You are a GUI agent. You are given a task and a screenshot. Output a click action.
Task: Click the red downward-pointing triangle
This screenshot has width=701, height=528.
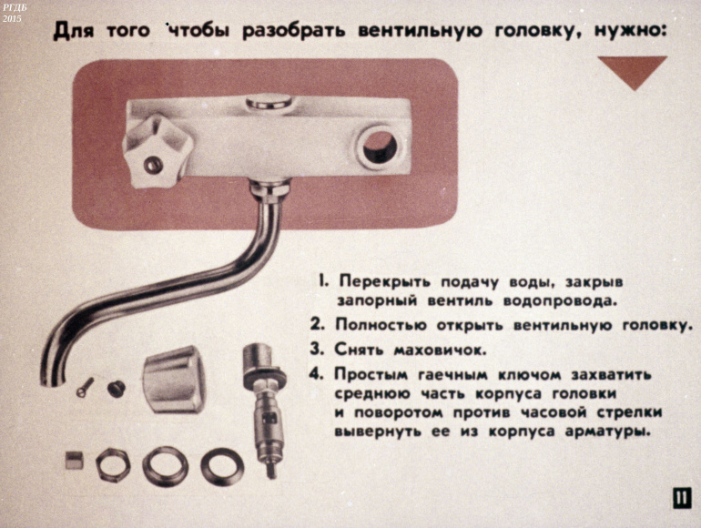pos(633,69)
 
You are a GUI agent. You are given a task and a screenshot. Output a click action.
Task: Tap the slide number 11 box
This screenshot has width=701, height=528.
pos(682,498)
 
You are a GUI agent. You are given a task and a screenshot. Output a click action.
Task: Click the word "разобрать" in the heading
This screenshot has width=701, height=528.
pos(294,32)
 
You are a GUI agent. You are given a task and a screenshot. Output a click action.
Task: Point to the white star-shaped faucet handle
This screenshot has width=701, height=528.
pos(157,151)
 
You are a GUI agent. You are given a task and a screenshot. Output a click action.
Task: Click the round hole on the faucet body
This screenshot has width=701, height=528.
pos(380,147)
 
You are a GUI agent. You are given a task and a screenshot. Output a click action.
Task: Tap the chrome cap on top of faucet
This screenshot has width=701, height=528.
pos(269,102)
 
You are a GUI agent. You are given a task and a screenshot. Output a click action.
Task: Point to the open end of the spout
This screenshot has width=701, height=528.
pos(50,378)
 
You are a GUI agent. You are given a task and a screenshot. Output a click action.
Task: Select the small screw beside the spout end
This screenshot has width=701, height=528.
pos(86,387)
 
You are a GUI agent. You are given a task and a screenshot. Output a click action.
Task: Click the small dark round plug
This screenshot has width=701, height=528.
pos(117,388)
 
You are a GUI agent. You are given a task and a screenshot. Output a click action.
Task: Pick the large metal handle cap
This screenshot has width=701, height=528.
pos(174,379)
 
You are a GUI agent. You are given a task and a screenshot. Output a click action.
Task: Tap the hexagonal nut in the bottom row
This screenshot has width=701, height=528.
pos(113,464)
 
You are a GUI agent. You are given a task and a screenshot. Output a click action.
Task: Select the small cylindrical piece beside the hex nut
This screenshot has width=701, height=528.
pos(75,461)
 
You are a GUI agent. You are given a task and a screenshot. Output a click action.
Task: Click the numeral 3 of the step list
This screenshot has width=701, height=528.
pos(317,349)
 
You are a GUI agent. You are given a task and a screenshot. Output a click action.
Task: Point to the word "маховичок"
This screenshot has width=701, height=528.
pos(440,350)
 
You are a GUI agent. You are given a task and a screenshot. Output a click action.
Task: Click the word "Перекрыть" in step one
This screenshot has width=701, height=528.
pos(384,281)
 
